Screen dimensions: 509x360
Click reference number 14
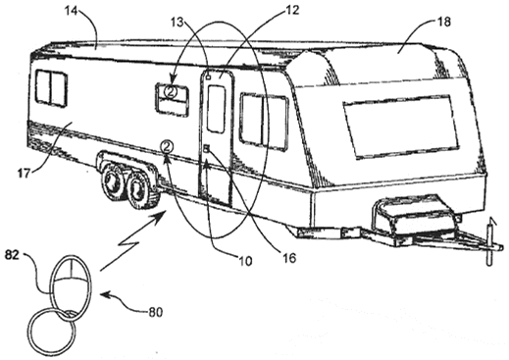[71, 11]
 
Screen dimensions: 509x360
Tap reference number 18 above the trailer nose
[443, 22]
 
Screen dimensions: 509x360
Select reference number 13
[178, 23]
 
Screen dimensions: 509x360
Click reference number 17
[24, 173]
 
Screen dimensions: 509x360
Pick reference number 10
[245, 261]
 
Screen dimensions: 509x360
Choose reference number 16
[288, 258]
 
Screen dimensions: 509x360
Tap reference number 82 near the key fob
[12, 255]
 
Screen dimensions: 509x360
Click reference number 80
[155, 312]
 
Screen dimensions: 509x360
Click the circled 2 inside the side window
[171, 91]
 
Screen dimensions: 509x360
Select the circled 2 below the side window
[167, 146]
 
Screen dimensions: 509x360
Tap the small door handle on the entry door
[207, 149]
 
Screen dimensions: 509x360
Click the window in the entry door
[216, 109]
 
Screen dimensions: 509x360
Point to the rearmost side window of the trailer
[51, 88]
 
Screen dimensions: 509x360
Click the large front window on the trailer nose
[401, 127]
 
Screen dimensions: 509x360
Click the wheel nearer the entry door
[139, 188]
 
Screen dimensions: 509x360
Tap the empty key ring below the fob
[52, 334]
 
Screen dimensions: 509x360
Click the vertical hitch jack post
[489, 243]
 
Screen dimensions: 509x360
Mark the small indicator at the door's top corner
[208, 77]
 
